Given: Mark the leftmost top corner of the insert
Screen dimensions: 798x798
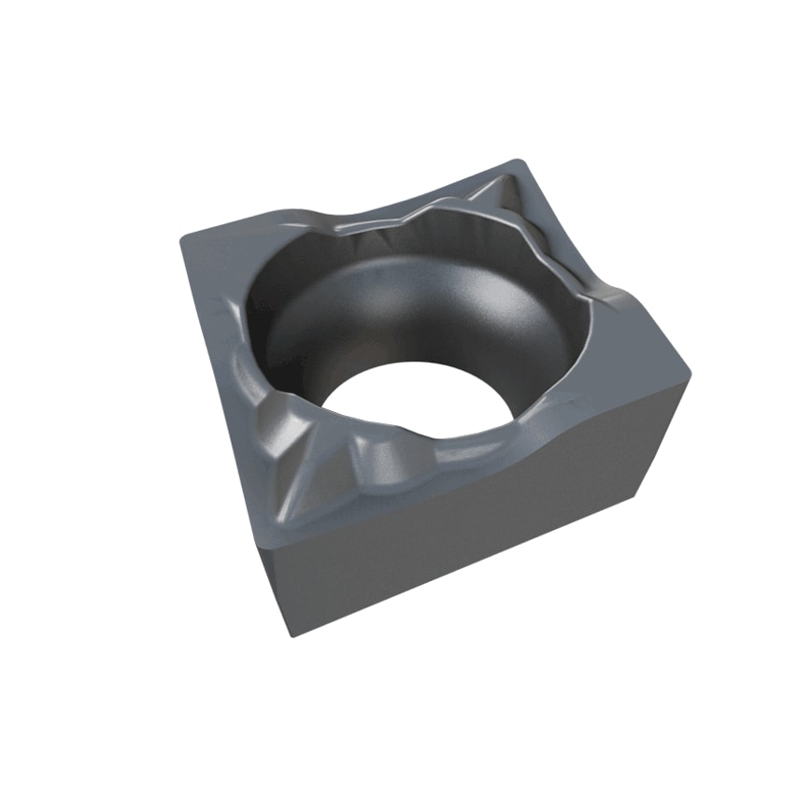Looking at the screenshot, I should tap(181, 239).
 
